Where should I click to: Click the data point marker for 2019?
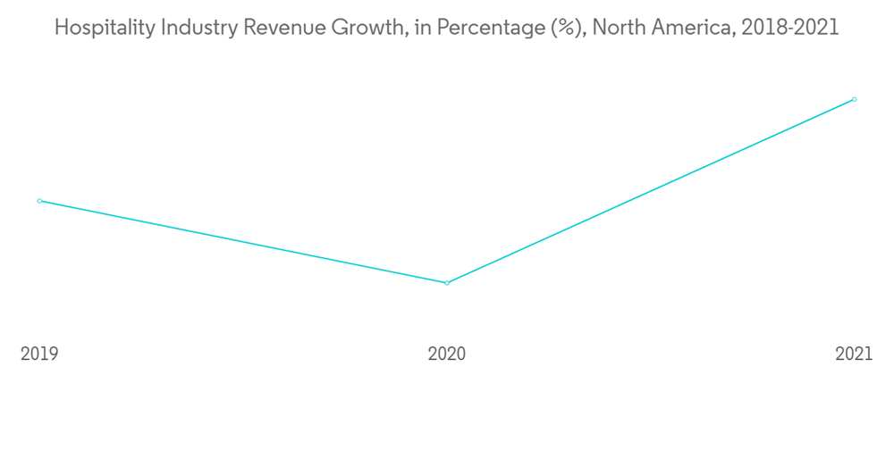pyautogui.click(x=39, y=201)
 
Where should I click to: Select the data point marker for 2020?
pyautogui.click(x=447, y=283)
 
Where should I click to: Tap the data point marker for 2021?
pyautogui.click(x=855, y=99)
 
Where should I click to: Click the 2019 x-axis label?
pyautogui.click(x=39, y=354)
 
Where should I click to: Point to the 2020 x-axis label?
pyautogui.click(x=447, y=354)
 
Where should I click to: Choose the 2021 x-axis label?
pyautogui.click(x=854, y=354)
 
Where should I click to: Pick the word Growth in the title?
pyautogui.click(x=365, y=28)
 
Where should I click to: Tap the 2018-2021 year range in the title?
pyautogui.click(x=790, y=28)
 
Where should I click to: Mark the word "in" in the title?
pyautogui.click(x=420, y=28)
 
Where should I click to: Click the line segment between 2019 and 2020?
pyautogui.click(x=243, y=242)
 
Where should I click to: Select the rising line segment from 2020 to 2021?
pyautogui.click(x=651, y=191)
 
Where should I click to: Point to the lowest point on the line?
pyautogui.click(x=447, y=283)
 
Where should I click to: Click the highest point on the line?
pyautogui.click(x=855, y=99)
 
